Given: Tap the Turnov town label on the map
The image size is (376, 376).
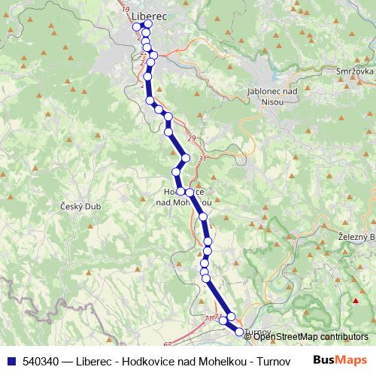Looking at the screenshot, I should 256,332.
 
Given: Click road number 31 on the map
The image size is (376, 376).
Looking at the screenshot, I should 202,159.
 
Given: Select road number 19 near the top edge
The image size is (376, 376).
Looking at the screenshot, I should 125,8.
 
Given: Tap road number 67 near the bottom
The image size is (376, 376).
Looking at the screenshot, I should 167,345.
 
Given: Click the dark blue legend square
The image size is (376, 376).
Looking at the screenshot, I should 9,360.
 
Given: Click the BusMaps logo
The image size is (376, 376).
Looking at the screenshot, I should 339,359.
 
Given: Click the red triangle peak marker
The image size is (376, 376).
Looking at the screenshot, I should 356,302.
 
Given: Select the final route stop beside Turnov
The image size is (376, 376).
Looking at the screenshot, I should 239,331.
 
